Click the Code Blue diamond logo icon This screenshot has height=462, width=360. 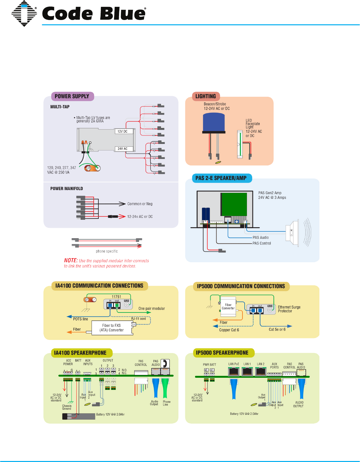(x=24, y=13)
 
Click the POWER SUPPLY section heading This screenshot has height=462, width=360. (x=72, y=96)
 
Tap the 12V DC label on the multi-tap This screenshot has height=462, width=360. (x=122, y=131)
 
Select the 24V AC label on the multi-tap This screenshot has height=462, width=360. (x=122, y=149)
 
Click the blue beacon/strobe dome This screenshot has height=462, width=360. (x=214, y=122)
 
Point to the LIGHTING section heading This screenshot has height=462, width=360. (x=206, y=96)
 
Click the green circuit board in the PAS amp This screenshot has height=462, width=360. (x=234, y=204)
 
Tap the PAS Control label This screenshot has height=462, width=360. (x=262, y=243)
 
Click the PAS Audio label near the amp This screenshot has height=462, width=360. (x=260, y=238)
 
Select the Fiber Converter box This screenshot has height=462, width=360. (x=228, y=307)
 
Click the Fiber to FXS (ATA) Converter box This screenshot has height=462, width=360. (x=112, y=328)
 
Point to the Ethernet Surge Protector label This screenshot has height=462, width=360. (x=289, y=309)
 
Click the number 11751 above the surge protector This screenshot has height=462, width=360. (x=116, y=297)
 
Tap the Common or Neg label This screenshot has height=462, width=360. (x=140, y=204)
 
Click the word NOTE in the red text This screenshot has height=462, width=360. (x=71, y=260)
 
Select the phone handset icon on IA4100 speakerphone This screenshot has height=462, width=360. (x=165, y=363)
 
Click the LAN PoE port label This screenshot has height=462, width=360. (x=234, y=364)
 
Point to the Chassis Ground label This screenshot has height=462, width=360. (x=67, y=407)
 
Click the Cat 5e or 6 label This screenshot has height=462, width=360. (x=277, y=329)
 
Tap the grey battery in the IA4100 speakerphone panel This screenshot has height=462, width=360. (x=78, y=416)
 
